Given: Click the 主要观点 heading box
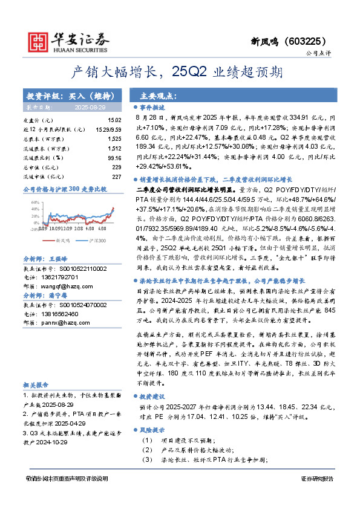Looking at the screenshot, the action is point(158,96).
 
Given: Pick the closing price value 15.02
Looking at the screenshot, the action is point(114,121).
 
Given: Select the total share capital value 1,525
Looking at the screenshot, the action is point(114,139).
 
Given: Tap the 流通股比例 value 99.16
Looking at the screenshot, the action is point(113,157).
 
